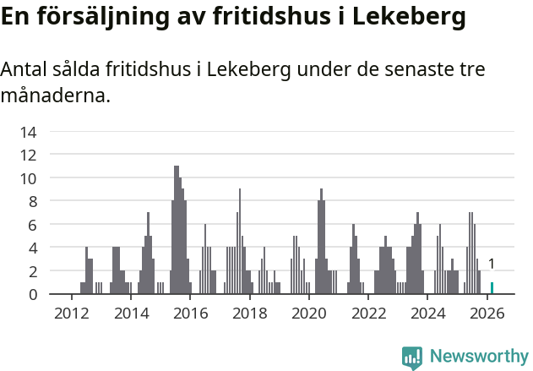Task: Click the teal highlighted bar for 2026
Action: tap(492, 288)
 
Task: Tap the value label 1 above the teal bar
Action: tap(492, 265)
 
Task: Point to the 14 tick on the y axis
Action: tap(29, 132)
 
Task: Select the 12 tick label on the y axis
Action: tap(29, 155)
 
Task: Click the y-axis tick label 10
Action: tap(29, 178)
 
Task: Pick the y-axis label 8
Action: tap(33, 202)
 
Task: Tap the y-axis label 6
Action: tap(33, 225)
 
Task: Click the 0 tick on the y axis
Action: tap(33, 295)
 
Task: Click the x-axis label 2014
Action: tap(131, 314)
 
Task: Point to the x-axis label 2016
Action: tap(190, 314)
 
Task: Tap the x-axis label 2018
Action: tap(249, 314)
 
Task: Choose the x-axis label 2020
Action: tap(309, 314)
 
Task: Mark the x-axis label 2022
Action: tap(368, 314)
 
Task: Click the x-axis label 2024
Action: tap(428, 314)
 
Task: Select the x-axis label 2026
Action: tap(487, 314)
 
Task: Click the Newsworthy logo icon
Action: tap(412, 357)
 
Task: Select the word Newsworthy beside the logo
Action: tap(478, 357)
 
